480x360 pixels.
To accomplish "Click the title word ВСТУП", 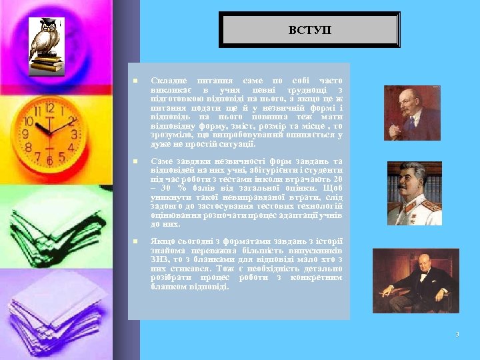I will (x=309, y=31).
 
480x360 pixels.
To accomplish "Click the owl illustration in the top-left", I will (x=45, y=43).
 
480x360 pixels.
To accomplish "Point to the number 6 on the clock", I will (x=48, y=161).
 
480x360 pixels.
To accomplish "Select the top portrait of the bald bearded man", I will (x=412, y=113).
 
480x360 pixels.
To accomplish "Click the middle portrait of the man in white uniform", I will (x=414, y=194).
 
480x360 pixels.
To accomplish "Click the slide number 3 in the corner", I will (x=457, y=334).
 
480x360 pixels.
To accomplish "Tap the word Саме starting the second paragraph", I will (x=162, y=161).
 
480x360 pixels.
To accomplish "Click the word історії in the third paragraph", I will (x=329, y=241).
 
